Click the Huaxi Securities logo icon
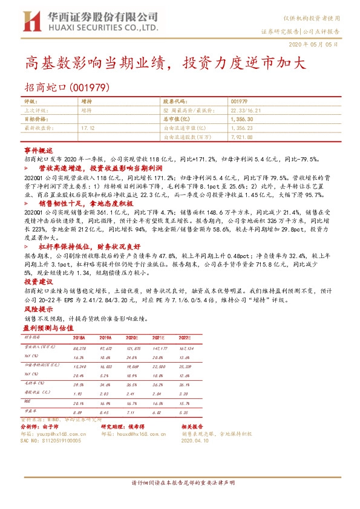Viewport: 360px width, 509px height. pos(30,23)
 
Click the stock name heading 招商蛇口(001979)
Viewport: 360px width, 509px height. pos(67,87)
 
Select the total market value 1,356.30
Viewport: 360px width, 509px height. pos(242,120)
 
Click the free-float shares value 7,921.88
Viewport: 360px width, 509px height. pos(241,138)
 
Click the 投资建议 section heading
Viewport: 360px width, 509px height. pos(37,282)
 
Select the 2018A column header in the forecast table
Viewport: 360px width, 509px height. pos(79,338)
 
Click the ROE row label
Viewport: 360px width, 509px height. pos(27,401)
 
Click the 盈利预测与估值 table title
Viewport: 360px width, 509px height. pos(50,326)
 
